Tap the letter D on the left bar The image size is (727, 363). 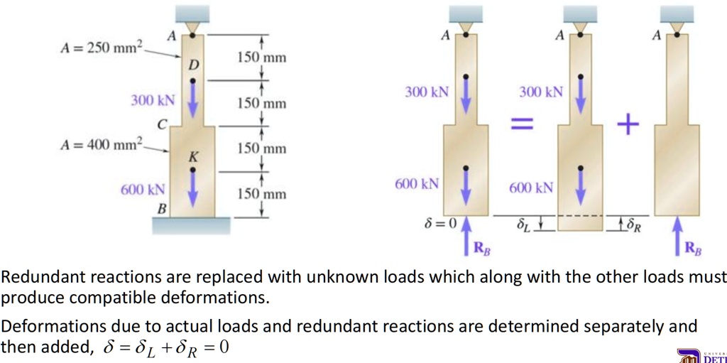pos(193,65)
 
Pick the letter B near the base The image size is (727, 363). pos(161,209)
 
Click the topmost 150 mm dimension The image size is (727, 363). pos(262,58)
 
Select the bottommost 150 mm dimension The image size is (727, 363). pos(262,194)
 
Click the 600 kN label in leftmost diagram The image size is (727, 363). pos(143,190)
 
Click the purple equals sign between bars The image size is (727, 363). pos(522,124)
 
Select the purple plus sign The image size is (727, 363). pos(628,124)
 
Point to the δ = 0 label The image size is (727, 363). pos(440,224)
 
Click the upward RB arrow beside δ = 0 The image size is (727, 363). pos(466,236)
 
